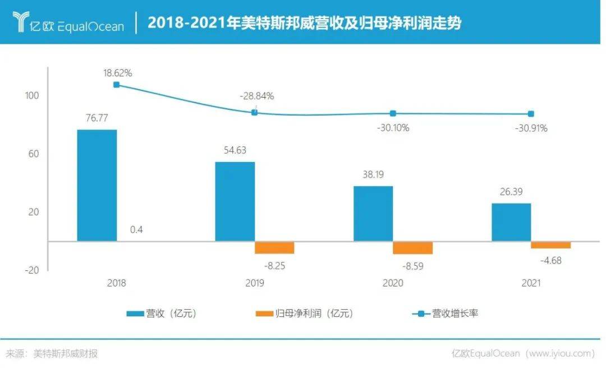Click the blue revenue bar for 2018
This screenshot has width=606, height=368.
click(x=97, y=185)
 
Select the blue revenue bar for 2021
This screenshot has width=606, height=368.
click(x=511, y=222)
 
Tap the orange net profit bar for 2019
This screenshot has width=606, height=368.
click(x=274, y=247)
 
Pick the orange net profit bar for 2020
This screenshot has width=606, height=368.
click(x=412, y=247)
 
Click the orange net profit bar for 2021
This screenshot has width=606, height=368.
click(x=550, y=245)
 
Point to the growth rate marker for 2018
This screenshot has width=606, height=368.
click(x=116, y=85)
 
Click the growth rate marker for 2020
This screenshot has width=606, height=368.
click(x=393, y=113)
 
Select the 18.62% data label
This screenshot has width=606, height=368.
click(x=117, y=73)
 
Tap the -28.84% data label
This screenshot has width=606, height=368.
click(x=256, y=96)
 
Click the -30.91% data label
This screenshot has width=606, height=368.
click(x=531, y=128)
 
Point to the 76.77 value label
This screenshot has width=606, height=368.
click(x=97, y=118)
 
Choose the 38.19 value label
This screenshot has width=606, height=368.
click(x=373, y=174)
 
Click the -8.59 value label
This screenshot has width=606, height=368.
click(x=412, y=266)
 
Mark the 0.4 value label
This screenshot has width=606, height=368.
click(x=136, y=229)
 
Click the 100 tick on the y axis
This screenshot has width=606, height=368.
click(x=32, y=96)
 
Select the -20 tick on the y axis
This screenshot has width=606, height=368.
click(x=32, y=270)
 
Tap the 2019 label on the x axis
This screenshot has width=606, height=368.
click(x=255, y=283)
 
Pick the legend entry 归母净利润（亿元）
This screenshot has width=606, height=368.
click(x=306, y=314)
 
